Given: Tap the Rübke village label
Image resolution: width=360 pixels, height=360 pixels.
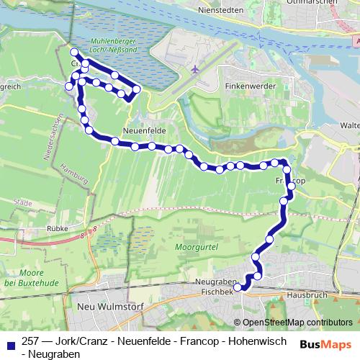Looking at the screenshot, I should pos(56,228).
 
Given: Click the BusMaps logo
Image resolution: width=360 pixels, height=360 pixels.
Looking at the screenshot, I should pos(325,343).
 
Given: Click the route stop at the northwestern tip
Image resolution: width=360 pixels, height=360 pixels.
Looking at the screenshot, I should pos(73,52).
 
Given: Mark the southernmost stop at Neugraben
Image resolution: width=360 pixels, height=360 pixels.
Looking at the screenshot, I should pos(239,288).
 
